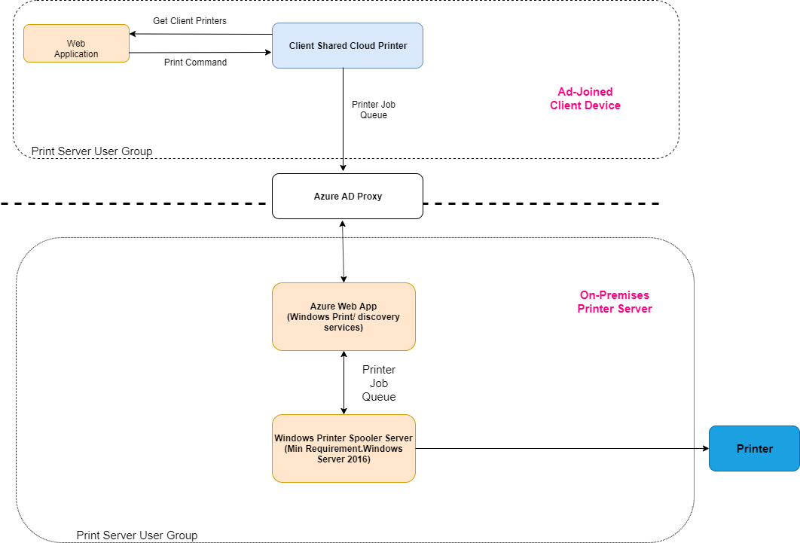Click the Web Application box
click(76, 44)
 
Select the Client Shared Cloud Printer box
click(347, 46)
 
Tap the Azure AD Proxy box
click(347, 197)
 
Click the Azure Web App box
click(344, 316)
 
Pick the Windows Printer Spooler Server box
click(344, 448)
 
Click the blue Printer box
click(754, 448)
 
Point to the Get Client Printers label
click(190, 21)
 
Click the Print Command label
click(195, 63)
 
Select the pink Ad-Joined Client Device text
click(585, 99)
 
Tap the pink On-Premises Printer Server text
click(615, 302)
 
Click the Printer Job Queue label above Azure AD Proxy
click(374, 110)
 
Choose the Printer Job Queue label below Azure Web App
click(379, 383)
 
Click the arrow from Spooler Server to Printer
click(561, 448)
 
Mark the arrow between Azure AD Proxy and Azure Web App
click(344, 251)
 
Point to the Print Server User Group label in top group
click(92, 151)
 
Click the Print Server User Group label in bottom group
click(137, 535)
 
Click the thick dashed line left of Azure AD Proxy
click(136, 203)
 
